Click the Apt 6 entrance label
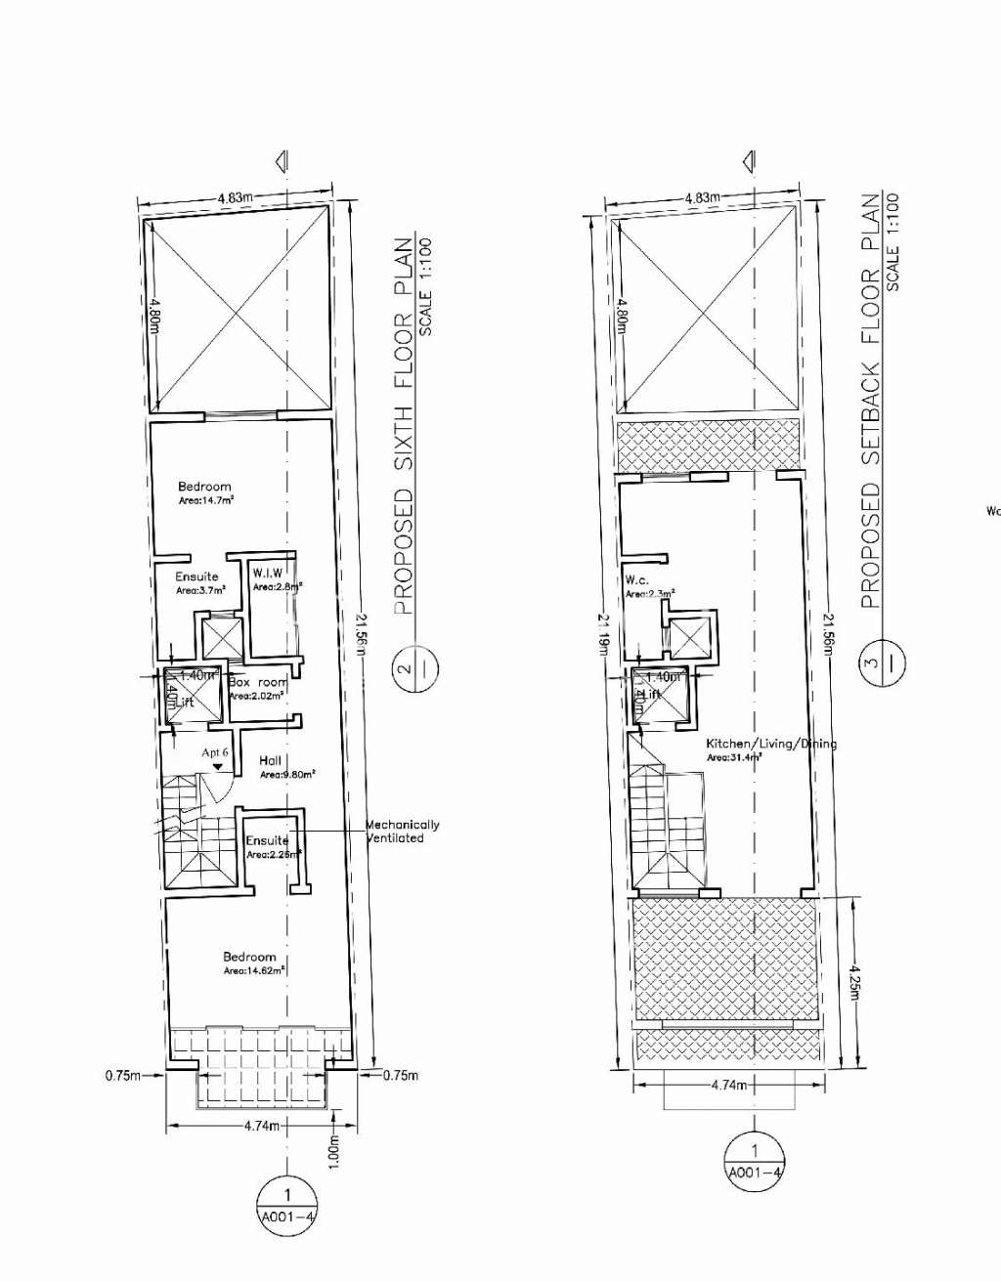click(215, 753)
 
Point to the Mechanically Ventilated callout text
click(402, 831)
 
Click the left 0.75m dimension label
click(121, 1076)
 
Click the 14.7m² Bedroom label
click(205, 492)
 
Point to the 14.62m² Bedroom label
click(250, 963)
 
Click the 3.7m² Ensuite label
click(198, 583)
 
